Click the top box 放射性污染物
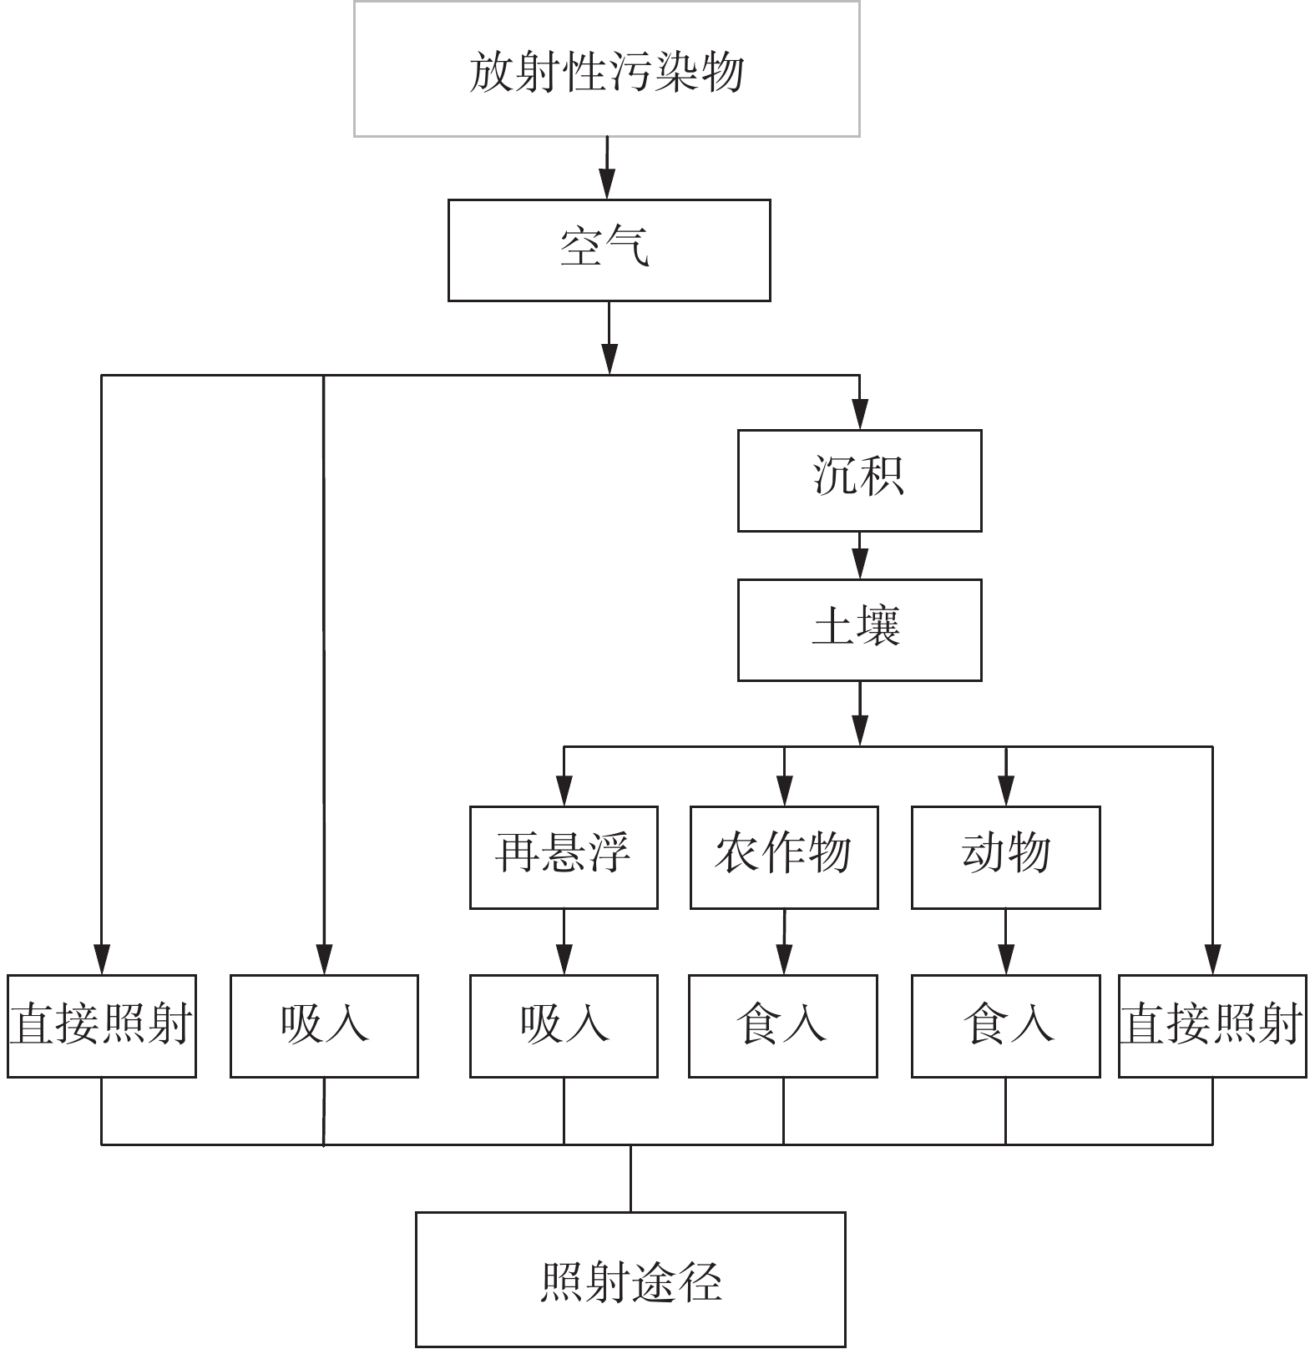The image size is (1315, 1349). pos(607,69)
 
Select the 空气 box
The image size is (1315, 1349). pos(609,250)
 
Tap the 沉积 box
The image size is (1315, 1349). pos(859,480)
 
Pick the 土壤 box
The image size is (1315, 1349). pos(859,629)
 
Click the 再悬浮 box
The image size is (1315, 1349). pos(564,856)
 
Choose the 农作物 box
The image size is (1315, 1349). pos(784,856)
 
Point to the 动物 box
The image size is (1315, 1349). pos(1005,856)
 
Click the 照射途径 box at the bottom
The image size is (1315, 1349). pos(630,1279)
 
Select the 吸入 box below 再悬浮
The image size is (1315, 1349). pos(564,1025)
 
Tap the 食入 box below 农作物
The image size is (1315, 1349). pos(782,1025)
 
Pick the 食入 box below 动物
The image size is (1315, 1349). pos(1005,1025)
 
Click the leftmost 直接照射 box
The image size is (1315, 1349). pos(102,1025)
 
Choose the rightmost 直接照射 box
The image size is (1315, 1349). pos(1212,1025)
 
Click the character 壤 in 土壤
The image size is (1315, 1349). pos(879,628)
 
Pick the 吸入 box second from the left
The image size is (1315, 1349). pos(324,1025)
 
